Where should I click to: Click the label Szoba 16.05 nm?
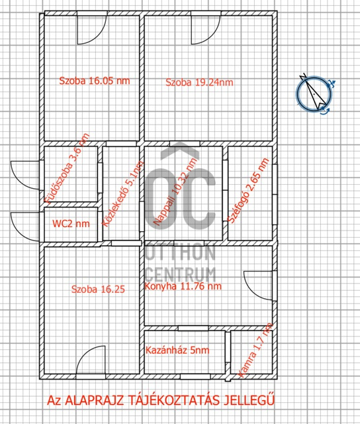(95, 81)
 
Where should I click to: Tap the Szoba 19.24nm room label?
(199, 82)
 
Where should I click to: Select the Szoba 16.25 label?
(98, 289)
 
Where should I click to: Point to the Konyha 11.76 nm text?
(183, 286)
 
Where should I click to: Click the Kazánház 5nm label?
(177, 350)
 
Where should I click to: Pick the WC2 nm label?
(71, 224)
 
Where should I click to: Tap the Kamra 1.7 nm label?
(255, 350)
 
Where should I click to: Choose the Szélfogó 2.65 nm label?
(248, 191)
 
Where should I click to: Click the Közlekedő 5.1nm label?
(123, 193)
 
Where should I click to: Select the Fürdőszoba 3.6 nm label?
(67, 168)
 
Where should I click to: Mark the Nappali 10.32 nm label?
(175, 191)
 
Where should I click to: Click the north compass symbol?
(314, 93)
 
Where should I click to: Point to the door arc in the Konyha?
(250, 292)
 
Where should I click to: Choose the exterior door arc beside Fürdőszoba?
(18, 182)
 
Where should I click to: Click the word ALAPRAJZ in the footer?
(95, 400)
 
